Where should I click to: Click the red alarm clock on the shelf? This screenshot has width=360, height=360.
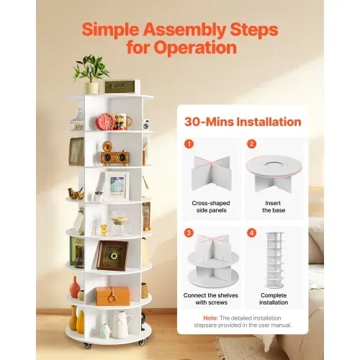(104, 122)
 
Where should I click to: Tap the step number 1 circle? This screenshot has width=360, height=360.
(189, 144)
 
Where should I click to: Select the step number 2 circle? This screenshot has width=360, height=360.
(251, 144)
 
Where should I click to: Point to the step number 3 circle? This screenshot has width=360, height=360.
(189, 233)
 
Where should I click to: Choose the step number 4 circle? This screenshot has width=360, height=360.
(251, 233)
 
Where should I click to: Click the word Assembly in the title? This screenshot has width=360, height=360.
(184, 30)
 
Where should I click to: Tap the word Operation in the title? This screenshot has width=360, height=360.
(195, 48)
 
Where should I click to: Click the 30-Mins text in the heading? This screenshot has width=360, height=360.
(209, 122)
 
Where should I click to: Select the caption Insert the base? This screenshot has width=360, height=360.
(274, 207)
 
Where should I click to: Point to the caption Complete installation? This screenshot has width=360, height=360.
(274, 299)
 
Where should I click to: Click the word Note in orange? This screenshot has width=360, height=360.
(210, 318)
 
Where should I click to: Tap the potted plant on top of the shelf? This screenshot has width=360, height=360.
(91, 74)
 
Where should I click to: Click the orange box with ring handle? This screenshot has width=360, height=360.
(112, 296)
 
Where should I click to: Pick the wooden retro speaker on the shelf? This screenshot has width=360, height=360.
(114, 154)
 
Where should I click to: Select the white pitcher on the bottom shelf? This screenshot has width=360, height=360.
(122, 325)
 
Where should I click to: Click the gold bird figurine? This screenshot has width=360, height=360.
(76, 194)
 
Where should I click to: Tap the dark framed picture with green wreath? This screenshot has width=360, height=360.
(112, 256)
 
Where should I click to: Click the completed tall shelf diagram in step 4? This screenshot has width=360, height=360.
(274, 261)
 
